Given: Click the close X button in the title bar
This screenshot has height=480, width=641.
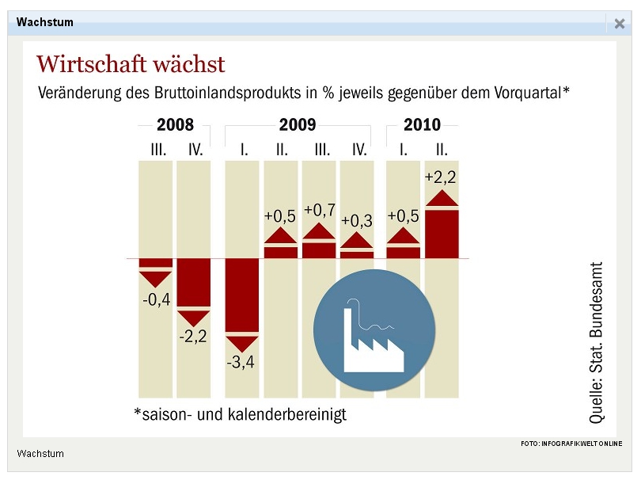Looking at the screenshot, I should click(x=620, y=24).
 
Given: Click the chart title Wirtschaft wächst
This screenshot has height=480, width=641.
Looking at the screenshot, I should click(x=131, y=64).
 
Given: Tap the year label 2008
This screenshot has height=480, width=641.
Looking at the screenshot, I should click(x=175, y=125).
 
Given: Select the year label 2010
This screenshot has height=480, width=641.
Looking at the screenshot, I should click(x=422, y=125).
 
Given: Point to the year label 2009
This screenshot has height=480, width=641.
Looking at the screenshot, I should click(x=298, y=125).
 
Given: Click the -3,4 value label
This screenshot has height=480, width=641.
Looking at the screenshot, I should click(x=241, y=364).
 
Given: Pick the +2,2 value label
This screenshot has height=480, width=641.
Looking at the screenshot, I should click(x=440, y=177).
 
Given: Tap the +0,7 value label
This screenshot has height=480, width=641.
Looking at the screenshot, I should click(x=320, y=210).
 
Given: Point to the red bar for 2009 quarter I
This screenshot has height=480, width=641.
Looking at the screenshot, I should click(x=241, y=295).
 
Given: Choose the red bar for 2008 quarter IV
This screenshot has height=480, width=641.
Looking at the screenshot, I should click(x=193, y=282).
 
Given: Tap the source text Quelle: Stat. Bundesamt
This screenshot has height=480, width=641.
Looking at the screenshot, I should click(x=597, y=342).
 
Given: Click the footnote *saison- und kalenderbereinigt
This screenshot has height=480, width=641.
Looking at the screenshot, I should click(x=241, y=414).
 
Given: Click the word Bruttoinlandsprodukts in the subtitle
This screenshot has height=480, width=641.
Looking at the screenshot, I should click(x=228, y=93).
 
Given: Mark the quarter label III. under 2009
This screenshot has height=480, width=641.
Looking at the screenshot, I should click(x=321, y=149).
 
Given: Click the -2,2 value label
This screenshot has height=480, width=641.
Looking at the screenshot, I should click(x=193, y=337).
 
